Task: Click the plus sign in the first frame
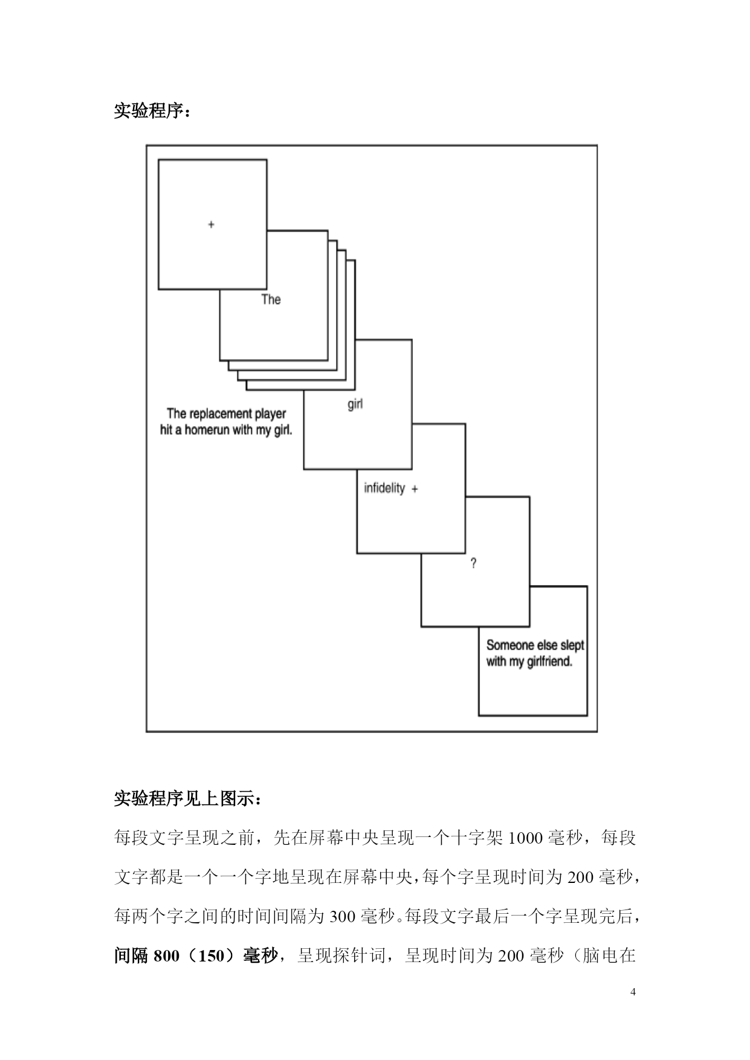coord(211,225)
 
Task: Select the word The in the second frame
coord(271,299)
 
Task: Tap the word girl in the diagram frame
coord(355,404)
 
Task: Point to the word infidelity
coord(384,488)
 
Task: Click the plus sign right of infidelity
coord(415,490)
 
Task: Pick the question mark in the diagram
coord(473,563)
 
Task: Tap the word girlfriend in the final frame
coord(549,662)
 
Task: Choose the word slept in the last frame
coord(572,645)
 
